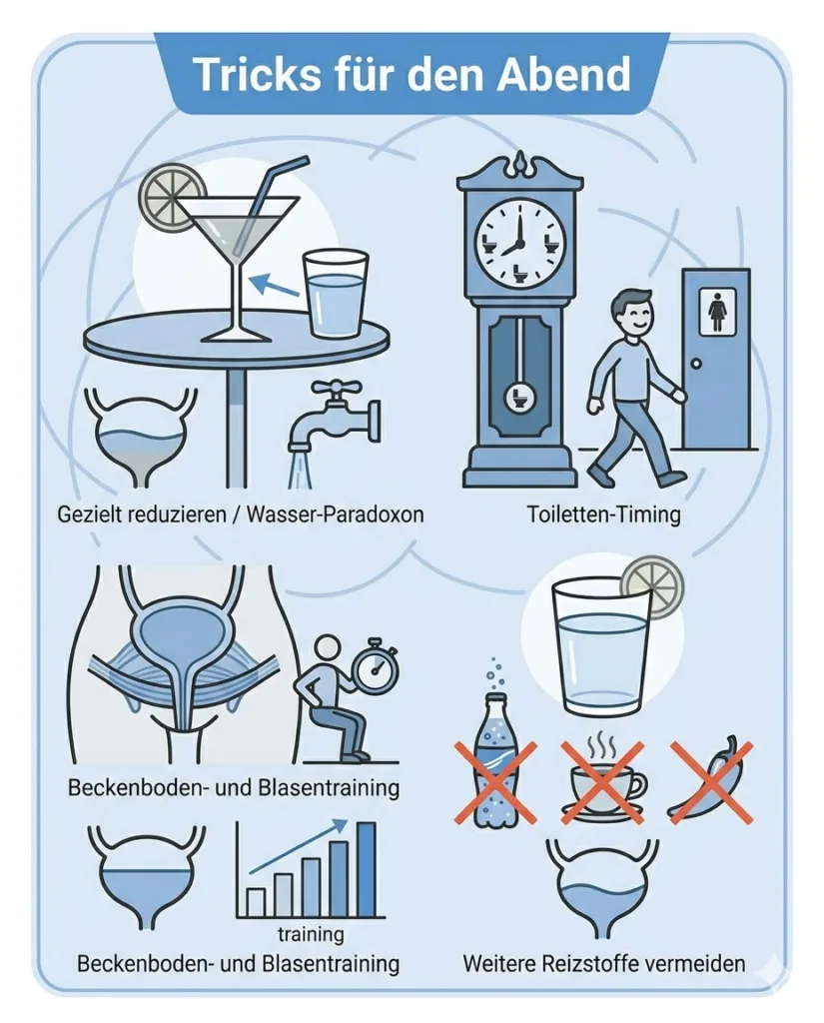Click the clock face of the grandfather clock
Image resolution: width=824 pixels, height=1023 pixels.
519,243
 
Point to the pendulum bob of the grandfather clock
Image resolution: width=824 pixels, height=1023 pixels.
520,396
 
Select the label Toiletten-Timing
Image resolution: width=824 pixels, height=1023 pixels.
603,514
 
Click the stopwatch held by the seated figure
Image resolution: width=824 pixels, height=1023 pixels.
373,670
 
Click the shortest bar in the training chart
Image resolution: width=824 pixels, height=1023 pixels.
256,902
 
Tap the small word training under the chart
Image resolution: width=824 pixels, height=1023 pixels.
311,934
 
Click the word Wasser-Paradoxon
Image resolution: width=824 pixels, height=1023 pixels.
334,514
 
